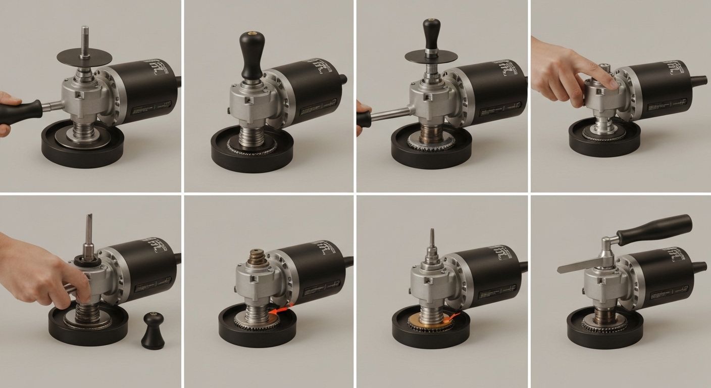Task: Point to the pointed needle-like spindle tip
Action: [x=432, y=237]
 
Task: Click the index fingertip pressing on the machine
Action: [x=612, y=83]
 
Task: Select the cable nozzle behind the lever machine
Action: [x=699, y=266]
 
